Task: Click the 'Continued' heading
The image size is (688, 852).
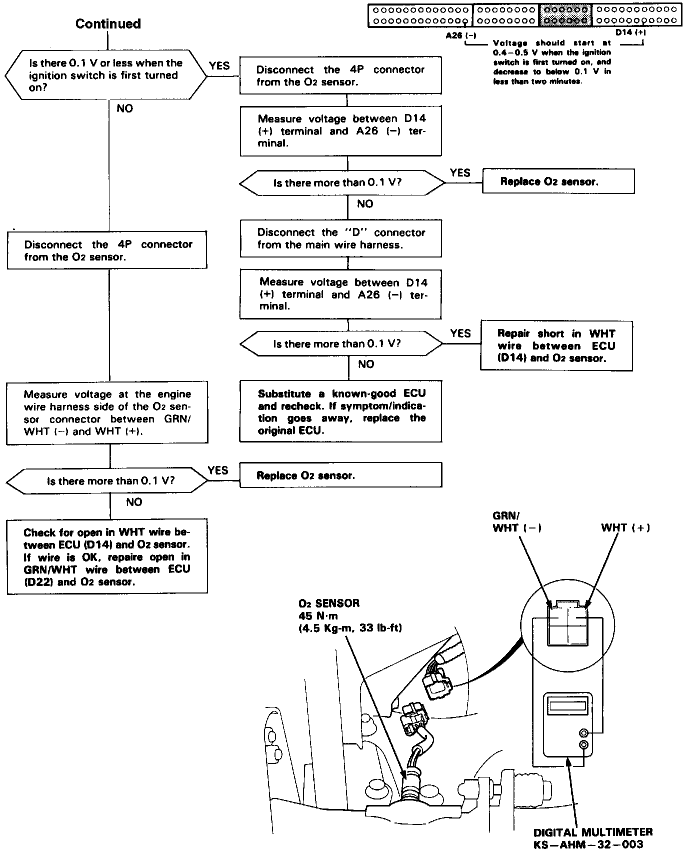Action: coord(108,24)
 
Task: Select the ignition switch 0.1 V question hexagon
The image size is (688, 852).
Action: coord(105,75)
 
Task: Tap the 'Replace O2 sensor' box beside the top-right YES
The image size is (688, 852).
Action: coord(558,181)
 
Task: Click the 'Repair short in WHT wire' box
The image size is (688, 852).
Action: coord(556,346)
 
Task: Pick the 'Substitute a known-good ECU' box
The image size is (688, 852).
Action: coord(340,411)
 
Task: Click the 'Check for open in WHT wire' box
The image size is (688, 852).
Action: coord(107,557)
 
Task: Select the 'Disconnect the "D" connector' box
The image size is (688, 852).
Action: coord(340,238)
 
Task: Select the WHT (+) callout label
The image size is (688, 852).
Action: coord(625,527)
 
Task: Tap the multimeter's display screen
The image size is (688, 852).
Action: coord(568,706)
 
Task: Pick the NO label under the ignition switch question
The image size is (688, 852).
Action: coord(124,108)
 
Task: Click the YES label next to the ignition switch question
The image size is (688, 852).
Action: coord(219,65)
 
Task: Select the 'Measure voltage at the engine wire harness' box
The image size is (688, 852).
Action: coord(107,413)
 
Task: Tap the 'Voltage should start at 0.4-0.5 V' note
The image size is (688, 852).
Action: coord(551,62)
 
